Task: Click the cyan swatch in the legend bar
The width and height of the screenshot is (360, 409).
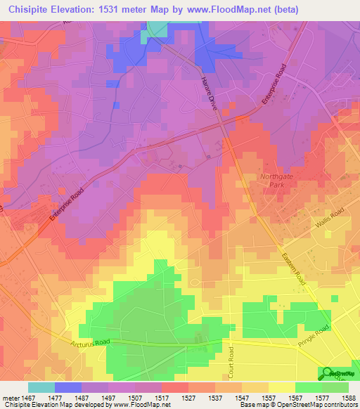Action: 41,387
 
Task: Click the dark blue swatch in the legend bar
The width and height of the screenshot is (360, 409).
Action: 68,387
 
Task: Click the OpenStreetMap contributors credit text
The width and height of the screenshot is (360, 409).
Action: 316,405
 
